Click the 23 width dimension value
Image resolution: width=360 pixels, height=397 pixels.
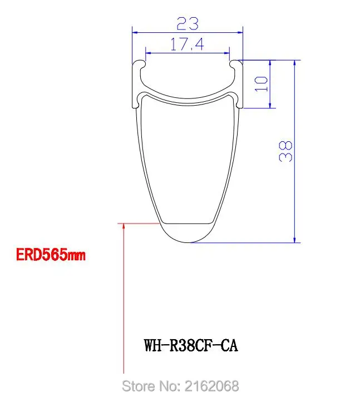(188, 23)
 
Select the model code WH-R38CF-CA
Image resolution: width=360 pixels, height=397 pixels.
(191, 345)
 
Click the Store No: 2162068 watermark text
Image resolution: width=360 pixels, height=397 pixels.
(180, 385)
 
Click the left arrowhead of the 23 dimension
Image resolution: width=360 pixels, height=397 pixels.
(134, 32)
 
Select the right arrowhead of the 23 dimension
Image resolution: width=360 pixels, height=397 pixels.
(241, 32)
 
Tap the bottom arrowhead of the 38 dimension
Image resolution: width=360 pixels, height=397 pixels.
(294, 239)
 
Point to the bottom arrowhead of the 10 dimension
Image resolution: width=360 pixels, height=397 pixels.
(270, 105)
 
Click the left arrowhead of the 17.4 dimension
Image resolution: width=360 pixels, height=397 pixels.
(147, 53)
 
